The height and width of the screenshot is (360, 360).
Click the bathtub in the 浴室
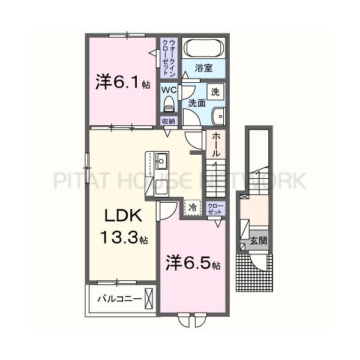coord(204,48)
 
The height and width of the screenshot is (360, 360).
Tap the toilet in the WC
coord(169,104)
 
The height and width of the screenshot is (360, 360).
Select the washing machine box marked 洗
coord(215,92)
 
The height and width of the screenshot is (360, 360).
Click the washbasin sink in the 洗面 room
coord(218,116)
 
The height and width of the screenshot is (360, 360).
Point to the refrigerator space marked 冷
coord(193,208)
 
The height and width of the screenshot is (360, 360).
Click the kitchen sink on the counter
coord(161,160)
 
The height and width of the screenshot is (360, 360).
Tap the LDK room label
coord(123,215)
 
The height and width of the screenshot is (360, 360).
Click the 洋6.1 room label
coord(123,82)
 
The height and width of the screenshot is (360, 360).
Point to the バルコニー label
coord(119,299)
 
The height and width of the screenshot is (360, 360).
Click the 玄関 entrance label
coord(259,241)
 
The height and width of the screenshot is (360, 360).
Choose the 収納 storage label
coord(169,121)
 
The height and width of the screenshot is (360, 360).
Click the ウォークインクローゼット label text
coord(169,58)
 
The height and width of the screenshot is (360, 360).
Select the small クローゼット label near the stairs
coord(215,208)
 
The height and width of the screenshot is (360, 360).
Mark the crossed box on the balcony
coord(149,298)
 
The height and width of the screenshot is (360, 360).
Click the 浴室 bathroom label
coord(203,68)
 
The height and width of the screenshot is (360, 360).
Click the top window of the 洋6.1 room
coord(127,35)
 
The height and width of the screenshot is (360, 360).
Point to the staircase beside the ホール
coord(215,178)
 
